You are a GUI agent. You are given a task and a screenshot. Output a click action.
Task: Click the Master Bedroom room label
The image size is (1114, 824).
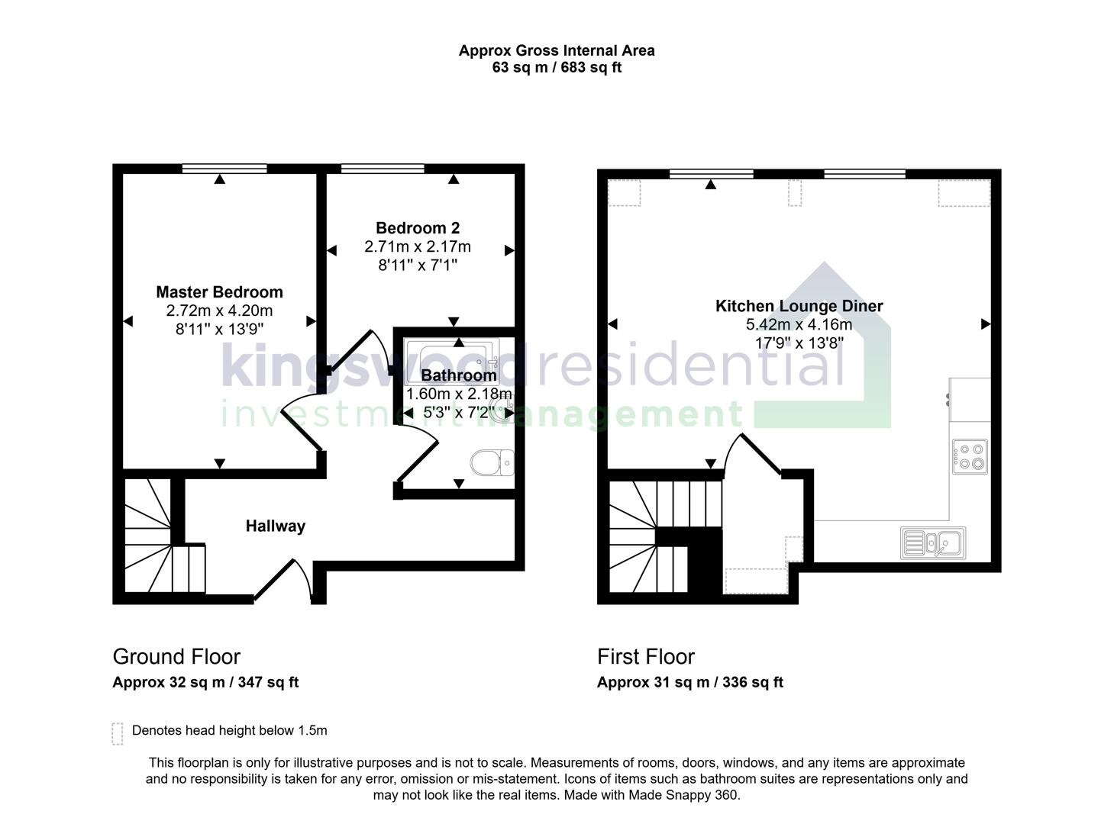point(219,292)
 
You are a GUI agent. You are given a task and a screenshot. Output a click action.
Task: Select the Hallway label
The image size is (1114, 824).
point(275,526)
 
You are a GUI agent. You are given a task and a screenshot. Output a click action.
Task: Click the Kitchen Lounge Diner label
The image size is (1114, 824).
point(799,306)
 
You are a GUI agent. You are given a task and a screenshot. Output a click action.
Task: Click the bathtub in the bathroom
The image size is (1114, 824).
point(452,356)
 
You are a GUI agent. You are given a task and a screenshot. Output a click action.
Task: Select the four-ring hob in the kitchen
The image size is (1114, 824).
point(969,456)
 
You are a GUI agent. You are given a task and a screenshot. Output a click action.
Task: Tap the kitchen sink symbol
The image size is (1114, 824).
point(932,542)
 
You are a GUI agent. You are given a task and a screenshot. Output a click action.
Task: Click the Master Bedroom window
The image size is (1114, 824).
point(224,169)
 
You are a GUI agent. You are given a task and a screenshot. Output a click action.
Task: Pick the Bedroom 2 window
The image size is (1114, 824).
point(382,169)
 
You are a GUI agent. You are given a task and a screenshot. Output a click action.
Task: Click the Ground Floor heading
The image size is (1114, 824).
point(176,657)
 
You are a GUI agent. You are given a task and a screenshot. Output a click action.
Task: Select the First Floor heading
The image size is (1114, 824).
point(645,657)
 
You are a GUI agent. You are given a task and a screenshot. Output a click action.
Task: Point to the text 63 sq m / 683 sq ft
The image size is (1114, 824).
point(556,67)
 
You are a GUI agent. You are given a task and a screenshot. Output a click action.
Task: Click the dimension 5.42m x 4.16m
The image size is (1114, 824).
point(799,325)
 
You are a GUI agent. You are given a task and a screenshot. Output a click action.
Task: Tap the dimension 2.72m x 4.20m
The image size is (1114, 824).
point(219,311)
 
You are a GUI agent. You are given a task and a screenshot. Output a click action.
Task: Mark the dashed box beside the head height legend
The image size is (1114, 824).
point(117,733)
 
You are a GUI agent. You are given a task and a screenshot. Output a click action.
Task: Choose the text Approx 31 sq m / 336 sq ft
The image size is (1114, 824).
point(689,682)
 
